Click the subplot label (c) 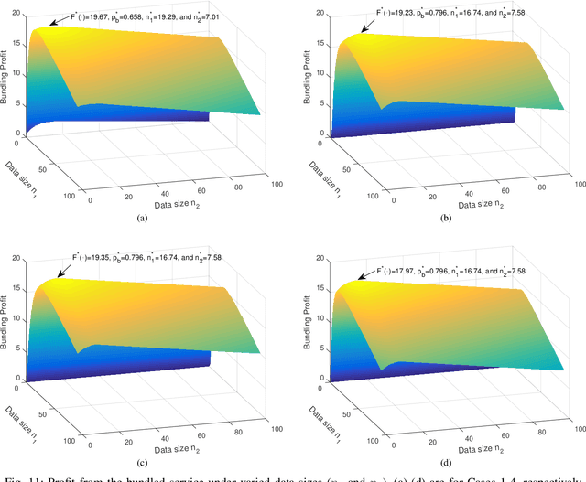click(x=142, y=457)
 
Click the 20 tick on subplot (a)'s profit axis click(x=17, y=13)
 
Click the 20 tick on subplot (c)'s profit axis click(x=17, y=260)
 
